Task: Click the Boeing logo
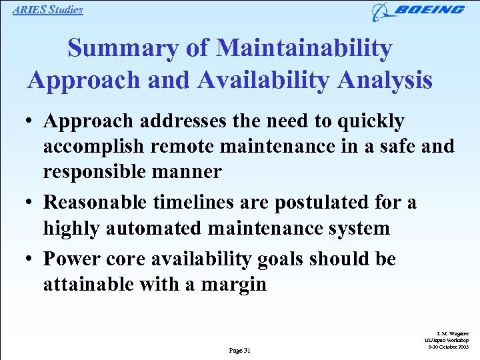point(419,11)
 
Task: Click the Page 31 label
point(239,350)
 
